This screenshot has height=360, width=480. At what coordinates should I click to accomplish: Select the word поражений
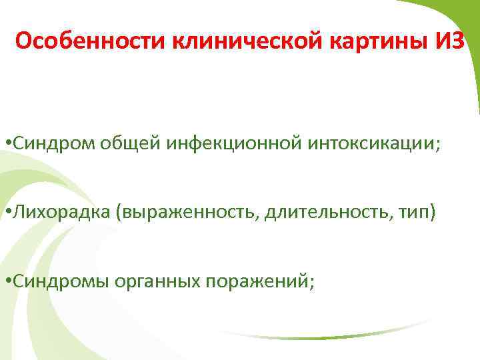(257, 281)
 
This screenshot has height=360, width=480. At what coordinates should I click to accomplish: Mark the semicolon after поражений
(311, 283)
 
